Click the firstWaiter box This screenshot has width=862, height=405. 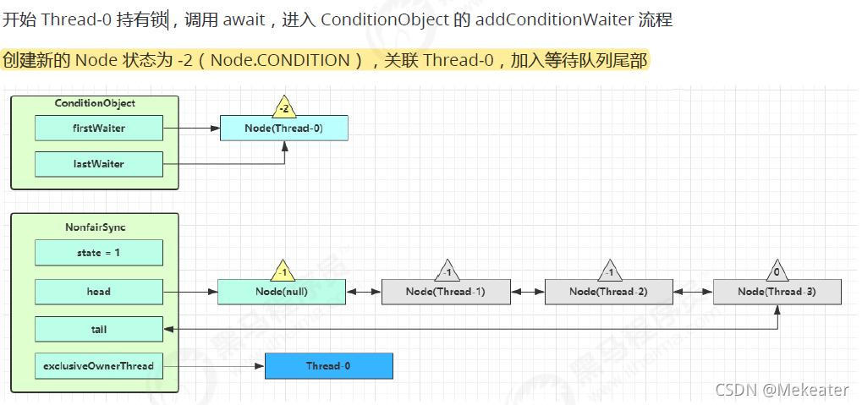[98, 129]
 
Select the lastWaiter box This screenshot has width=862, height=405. [98, 164]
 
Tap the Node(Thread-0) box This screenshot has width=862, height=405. [283, 129]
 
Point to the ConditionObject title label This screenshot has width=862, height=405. [94, 104]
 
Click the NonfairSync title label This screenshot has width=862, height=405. [94, 227]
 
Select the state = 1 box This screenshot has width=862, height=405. [98, 253]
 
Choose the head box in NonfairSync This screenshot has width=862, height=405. [98, 292]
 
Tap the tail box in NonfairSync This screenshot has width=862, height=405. [98, 329]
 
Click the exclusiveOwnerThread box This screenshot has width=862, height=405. [98, 366]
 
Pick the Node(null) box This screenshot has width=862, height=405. [281, 292]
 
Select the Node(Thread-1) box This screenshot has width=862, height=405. [445, 292]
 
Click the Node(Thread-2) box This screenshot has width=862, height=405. [608, 292]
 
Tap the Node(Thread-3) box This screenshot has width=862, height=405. [777, 292]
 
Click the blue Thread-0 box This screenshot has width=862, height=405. [329, 366]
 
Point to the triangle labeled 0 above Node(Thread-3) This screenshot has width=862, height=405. [776, 272]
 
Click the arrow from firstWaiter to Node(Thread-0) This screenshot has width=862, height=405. [191, 129]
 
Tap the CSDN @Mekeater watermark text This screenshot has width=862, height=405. [782, 389]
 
